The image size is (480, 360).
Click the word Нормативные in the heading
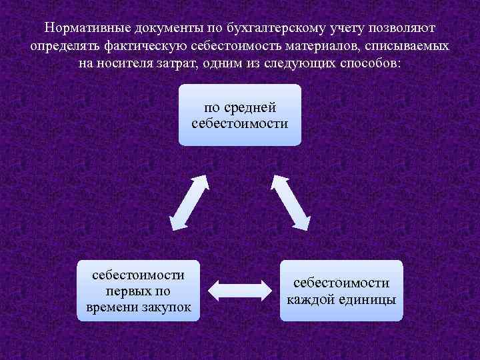(85, 29)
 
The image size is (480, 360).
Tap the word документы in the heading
(167, 29)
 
